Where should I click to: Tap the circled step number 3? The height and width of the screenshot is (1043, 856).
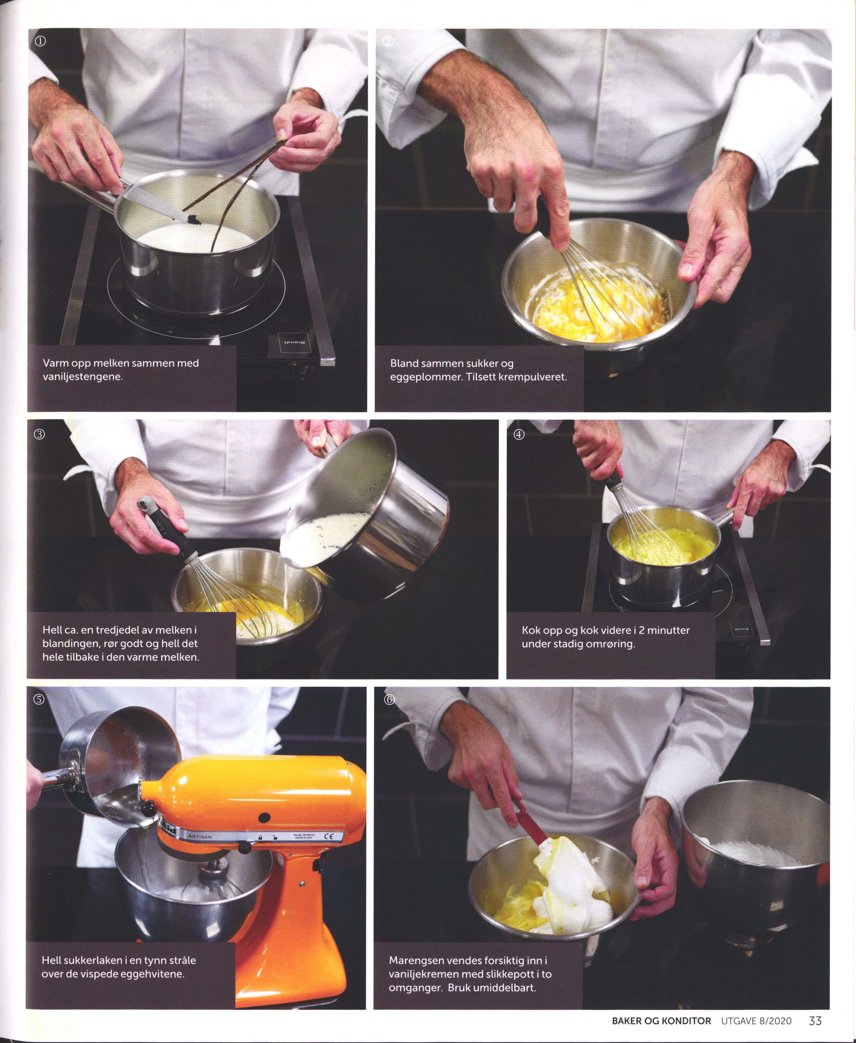pos(40,434)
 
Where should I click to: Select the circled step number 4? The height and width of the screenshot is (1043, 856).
pos(519,434)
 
